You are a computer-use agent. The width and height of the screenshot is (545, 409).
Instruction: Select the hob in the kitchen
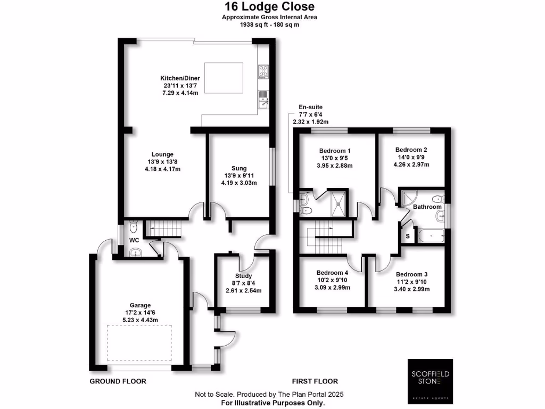[263, 71]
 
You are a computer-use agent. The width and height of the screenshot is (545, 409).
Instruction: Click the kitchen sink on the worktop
[263, 99]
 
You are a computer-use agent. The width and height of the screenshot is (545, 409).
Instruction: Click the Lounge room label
[163, 154]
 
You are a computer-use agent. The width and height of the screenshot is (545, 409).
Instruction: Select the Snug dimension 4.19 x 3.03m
[238, 183]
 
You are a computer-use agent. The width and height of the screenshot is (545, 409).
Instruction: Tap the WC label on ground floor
[135, 240]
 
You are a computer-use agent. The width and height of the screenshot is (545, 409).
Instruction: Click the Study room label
[243, 275]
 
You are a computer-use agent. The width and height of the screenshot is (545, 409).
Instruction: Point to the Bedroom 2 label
[411, 150]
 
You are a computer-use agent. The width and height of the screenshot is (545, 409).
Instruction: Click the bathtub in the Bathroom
[431, 235]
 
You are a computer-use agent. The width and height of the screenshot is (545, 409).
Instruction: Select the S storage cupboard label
[408, 236]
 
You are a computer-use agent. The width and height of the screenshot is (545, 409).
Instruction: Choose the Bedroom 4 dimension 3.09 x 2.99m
[333, 288]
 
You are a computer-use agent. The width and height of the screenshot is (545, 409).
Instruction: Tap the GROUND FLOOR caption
[118, 381]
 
